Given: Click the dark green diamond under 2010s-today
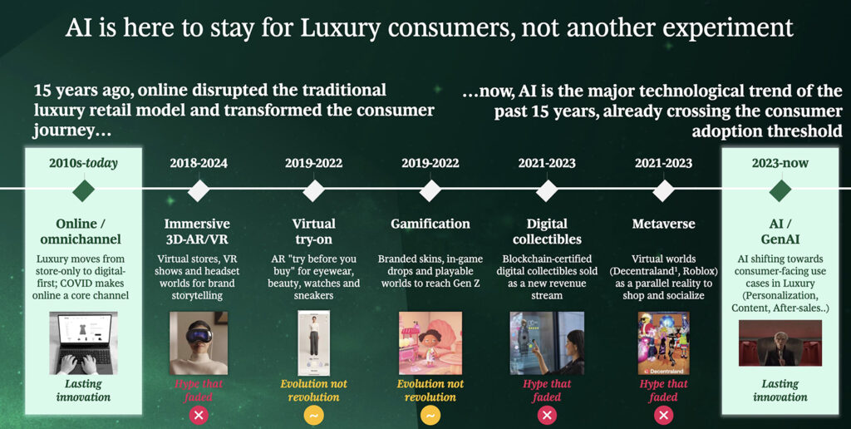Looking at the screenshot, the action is click(x=84, y=190).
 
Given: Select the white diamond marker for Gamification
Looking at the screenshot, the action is click(x=430, y=190).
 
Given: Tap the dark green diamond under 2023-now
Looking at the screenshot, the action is click(x=780, y=190).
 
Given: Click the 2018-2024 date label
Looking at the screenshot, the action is click(x=198, y=163).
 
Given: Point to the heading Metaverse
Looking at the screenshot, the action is click(x=663, y=224).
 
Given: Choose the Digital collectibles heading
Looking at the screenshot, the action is click(x=547, y=231).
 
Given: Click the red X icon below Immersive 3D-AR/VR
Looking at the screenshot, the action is click(x=199, y=416).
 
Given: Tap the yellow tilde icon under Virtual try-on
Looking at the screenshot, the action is click(x=313, y=416).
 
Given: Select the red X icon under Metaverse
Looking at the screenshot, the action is click(x=663, y=416).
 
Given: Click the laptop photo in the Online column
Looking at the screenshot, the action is click(x=83, y=343).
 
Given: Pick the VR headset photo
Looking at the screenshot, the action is click(x=199, y=343).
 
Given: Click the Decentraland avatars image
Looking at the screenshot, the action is click(x=663, y=343).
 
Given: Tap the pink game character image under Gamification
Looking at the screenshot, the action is click(x=430, y=343).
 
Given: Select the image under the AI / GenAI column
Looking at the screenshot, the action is click(x=780, y=343).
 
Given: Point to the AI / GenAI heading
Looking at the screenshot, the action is click(x=780, y=231).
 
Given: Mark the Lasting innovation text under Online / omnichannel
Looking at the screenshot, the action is click(x=83, y=391).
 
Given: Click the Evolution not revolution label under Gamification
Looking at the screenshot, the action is click(x=430, y=391).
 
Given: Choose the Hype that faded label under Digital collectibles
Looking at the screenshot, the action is click(x=547, y=391).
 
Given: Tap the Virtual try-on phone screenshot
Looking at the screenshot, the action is click(x=313, y=343).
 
